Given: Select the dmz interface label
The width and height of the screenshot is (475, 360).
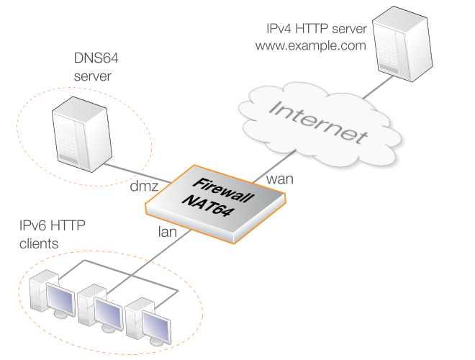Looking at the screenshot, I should pos(144,188).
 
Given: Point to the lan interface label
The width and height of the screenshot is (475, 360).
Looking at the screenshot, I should pos(168,233).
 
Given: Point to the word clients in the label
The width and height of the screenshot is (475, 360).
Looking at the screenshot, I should pos(39,244).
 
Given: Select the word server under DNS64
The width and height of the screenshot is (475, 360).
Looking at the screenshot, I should pos(92,74).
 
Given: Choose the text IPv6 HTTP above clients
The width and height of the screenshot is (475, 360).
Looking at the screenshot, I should pos(52,228).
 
